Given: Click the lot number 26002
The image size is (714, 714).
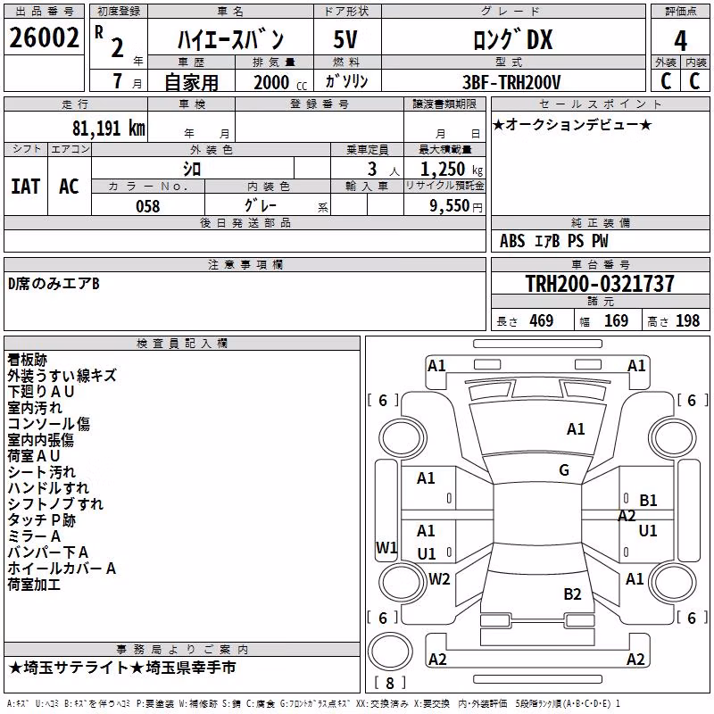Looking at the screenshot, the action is tap(44, 37).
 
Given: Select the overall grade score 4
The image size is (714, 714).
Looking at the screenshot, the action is tap(680, 41).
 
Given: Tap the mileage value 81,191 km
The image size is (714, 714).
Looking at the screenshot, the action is tap(108, 129).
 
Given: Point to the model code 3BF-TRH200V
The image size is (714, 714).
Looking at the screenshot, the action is tap(511, 82).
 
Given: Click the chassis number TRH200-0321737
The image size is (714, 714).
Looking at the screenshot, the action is tap(600, 284).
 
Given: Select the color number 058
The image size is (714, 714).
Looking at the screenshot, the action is tap(148, 206).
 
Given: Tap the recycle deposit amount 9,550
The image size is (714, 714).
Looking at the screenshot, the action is tap(449, 206).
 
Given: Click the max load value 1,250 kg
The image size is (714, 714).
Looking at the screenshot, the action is tap(452, 170).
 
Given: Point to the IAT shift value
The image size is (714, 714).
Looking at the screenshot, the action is tap(25, 187).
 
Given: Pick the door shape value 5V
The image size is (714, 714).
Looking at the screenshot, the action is tap(345, 39).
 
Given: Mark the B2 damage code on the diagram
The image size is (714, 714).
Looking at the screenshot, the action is tap(572, 594).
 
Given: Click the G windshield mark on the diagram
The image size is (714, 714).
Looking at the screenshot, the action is tap(564, 470).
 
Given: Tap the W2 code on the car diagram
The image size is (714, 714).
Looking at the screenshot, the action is tap(439, 578).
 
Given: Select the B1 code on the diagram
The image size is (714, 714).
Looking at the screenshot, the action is tap(648, 501).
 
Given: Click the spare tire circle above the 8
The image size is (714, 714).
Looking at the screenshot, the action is tap(390, 652).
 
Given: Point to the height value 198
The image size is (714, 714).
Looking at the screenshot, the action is tap(687, 320).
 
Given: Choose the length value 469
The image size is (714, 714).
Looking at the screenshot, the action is tap(542, 320).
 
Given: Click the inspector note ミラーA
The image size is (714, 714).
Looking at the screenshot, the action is tap(34, 536).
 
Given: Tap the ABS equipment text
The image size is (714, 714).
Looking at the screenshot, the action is tap(512, 241).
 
